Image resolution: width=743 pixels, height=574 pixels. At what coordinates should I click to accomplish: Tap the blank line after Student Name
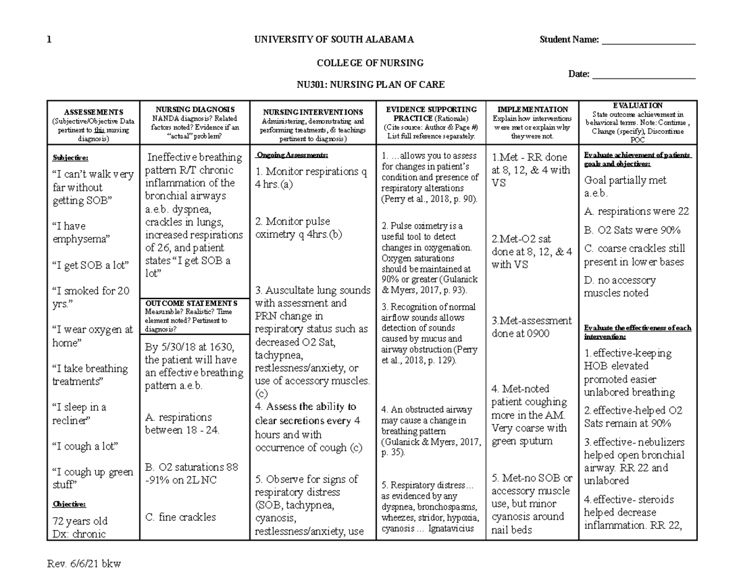[648, 41]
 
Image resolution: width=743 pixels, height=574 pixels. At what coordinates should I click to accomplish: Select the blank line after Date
[644, 76]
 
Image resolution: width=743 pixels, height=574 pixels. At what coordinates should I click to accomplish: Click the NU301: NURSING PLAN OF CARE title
[370, 85]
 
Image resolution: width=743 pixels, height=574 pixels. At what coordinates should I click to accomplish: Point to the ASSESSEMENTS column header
[93, 112]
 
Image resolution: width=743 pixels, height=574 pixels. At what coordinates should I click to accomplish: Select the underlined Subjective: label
[71, 158]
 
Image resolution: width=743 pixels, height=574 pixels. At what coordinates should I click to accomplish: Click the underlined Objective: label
[69, 504]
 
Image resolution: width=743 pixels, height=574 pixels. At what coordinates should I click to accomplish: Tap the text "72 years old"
[81, 520]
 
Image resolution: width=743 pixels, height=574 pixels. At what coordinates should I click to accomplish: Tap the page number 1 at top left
[50, 40]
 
